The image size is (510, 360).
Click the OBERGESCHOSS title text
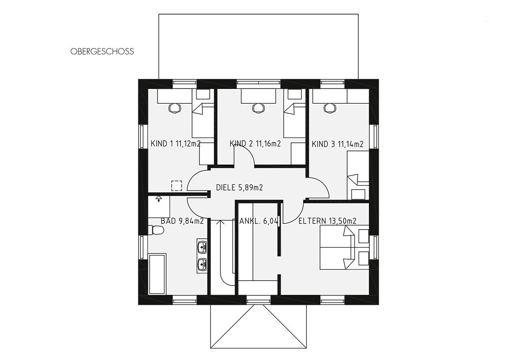pyautogui.click(x=102, y=51)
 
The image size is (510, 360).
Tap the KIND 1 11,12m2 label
pyautogui.click(x=176, y=144)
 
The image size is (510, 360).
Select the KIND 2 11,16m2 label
pyautogui.click(x=255, y=144)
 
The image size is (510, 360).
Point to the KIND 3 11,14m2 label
pyautogui.click(x=337, y=144)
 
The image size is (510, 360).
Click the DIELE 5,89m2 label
pyautogui.click(x=239, y=188)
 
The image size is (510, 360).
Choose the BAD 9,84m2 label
pyautogui.click(x=182, y=221)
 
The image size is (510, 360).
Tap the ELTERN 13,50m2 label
pyautogui.click(x=327, y=221)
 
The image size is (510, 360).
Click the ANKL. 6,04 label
pyautogui.click(x=259, y=221)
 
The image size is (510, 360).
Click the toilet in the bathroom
pyautogui.click(x=156, y=230)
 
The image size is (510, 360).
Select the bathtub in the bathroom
pyautogui.click(x=157, y=274)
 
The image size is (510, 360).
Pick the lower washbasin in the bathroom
pyautogui.click(x=202, y=265)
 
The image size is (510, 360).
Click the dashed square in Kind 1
pyautogui.click(x=177, y=186)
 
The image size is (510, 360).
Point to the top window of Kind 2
pyautogui.click(x=259, y=84)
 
